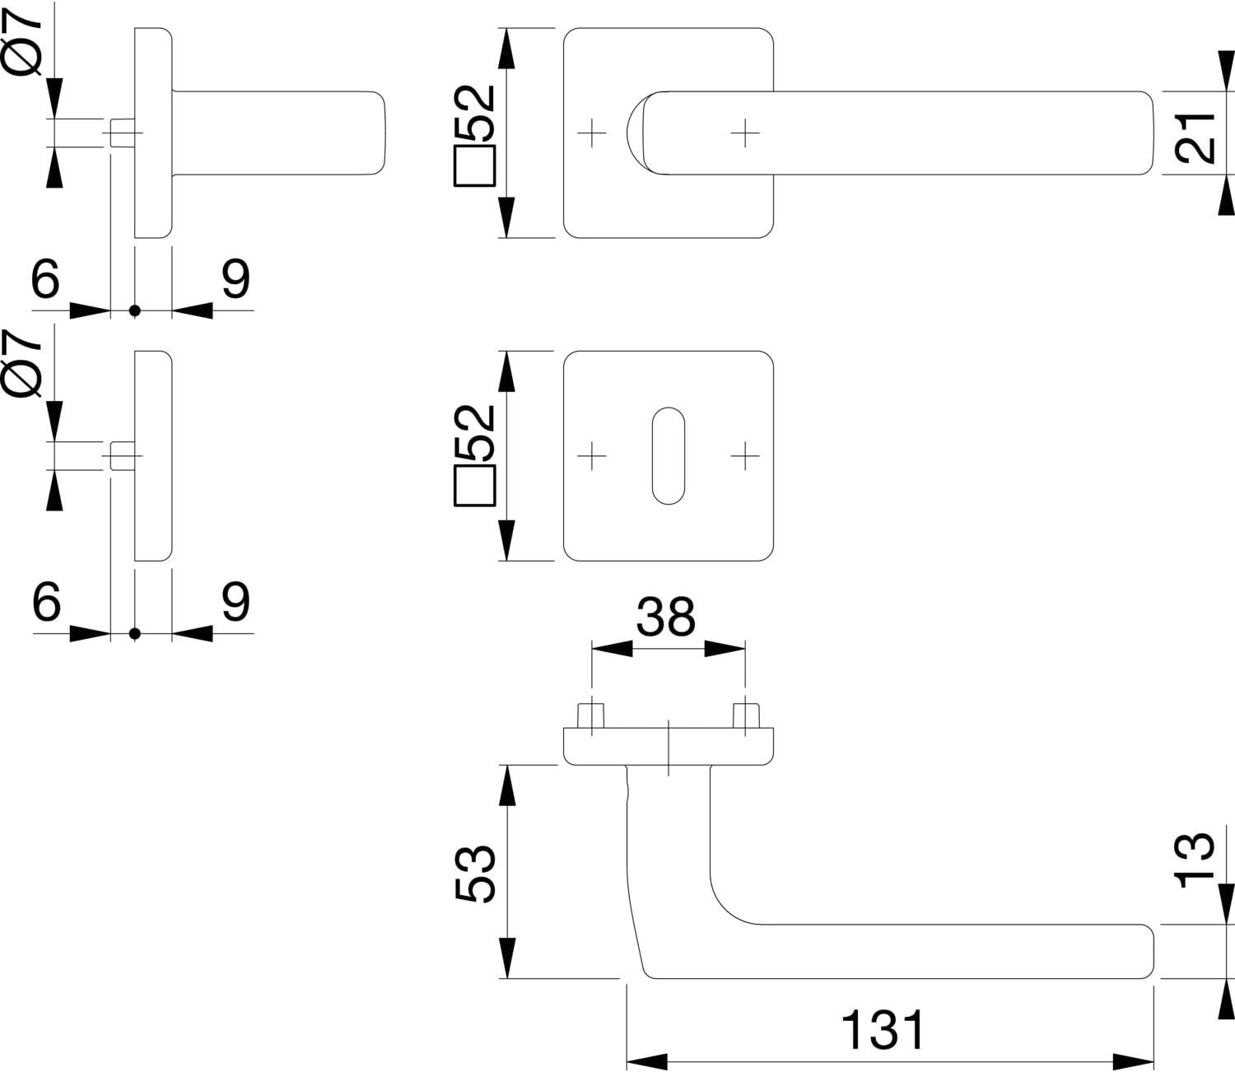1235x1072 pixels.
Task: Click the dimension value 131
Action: (x=883, y=1029)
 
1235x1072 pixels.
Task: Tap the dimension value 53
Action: (x=475, y=874)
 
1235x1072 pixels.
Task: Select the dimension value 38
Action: (x=666, y=617)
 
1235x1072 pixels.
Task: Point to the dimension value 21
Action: (x=1195, y=137)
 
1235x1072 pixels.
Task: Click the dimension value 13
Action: (x=1195, y=860)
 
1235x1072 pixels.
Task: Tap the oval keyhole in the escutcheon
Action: (x=669, y=455)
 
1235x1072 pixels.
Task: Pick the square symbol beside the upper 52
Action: (x=474, y=165)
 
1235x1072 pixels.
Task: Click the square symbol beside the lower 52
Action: (x=474, y=485)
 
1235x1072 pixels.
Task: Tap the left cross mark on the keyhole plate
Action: (x=591, y=455)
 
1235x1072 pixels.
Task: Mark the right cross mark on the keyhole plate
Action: (x=745, y=455)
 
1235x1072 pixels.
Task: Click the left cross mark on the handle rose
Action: (x=591, y=133)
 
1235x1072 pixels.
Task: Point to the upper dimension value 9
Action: (x=235, y=278)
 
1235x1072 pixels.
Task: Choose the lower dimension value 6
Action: (x=46, y=601)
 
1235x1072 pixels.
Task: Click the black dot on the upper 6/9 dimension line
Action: (x=134, y=311)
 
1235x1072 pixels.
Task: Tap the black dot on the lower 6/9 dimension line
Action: (x=134, y=634)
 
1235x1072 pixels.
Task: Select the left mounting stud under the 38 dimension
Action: (x=591, y=715)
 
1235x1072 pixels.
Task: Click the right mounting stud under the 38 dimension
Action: (x=746, y=715)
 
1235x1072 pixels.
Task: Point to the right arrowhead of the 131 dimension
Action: (x=1134, y=1062)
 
